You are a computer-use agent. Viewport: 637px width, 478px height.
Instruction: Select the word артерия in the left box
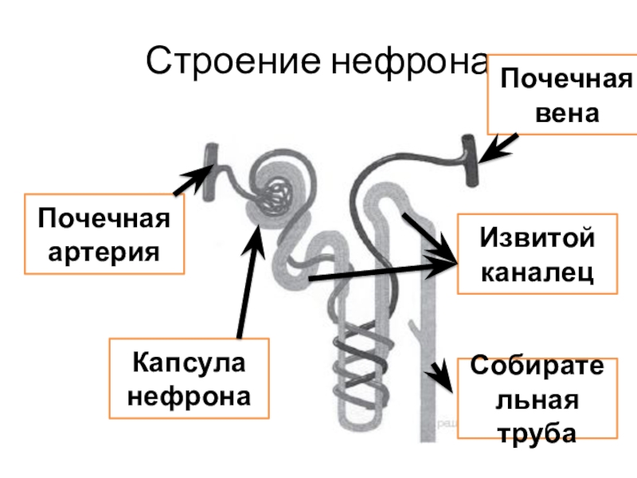pos(104,253)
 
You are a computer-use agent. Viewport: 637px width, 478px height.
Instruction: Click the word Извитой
pos(537,238)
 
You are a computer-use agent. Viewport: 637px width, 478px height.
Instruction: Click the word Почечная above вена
pos(566,79)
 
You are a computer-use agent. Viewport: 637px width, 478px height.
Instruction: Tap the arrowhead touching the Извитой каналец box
pos(446,268)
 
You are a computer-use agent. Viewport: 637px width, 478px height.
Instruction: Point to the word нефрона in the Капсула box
pos(190,396)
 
